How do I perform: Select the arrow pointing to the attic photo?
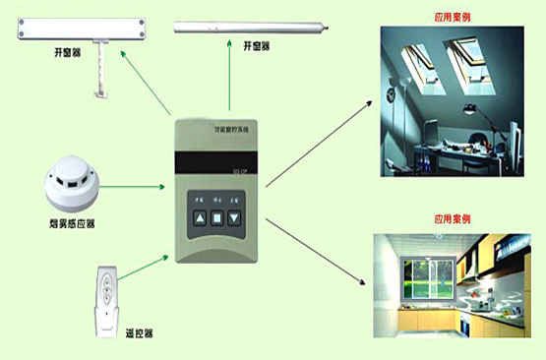(x=320, y=138)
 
